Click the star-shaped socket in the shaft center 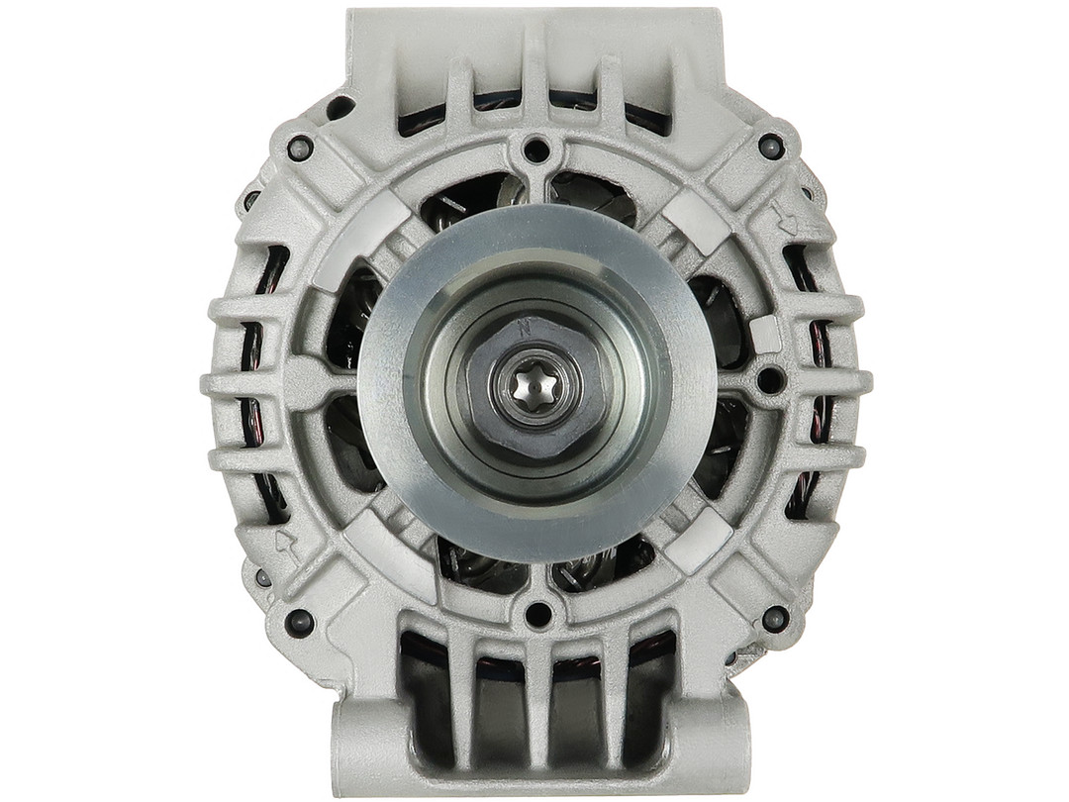click(534, 387)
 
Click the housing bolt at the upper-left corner click(299, 149)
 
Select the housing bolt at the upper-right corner click(771, 147)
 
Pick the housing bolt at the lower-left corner click(298, 622)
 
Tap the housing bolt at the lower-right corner click(775, 619)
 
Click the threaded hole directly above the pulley click(535, 151)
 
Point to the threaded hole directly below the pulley click(537, 614)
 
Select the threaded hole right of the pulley click(769, 378)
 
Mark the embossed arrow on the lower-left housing click(288, 544)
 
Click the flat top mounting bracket click(534, 40)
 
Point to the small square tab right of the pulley click(765, 335)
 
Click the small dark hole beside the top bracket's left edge click(339, 107)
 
